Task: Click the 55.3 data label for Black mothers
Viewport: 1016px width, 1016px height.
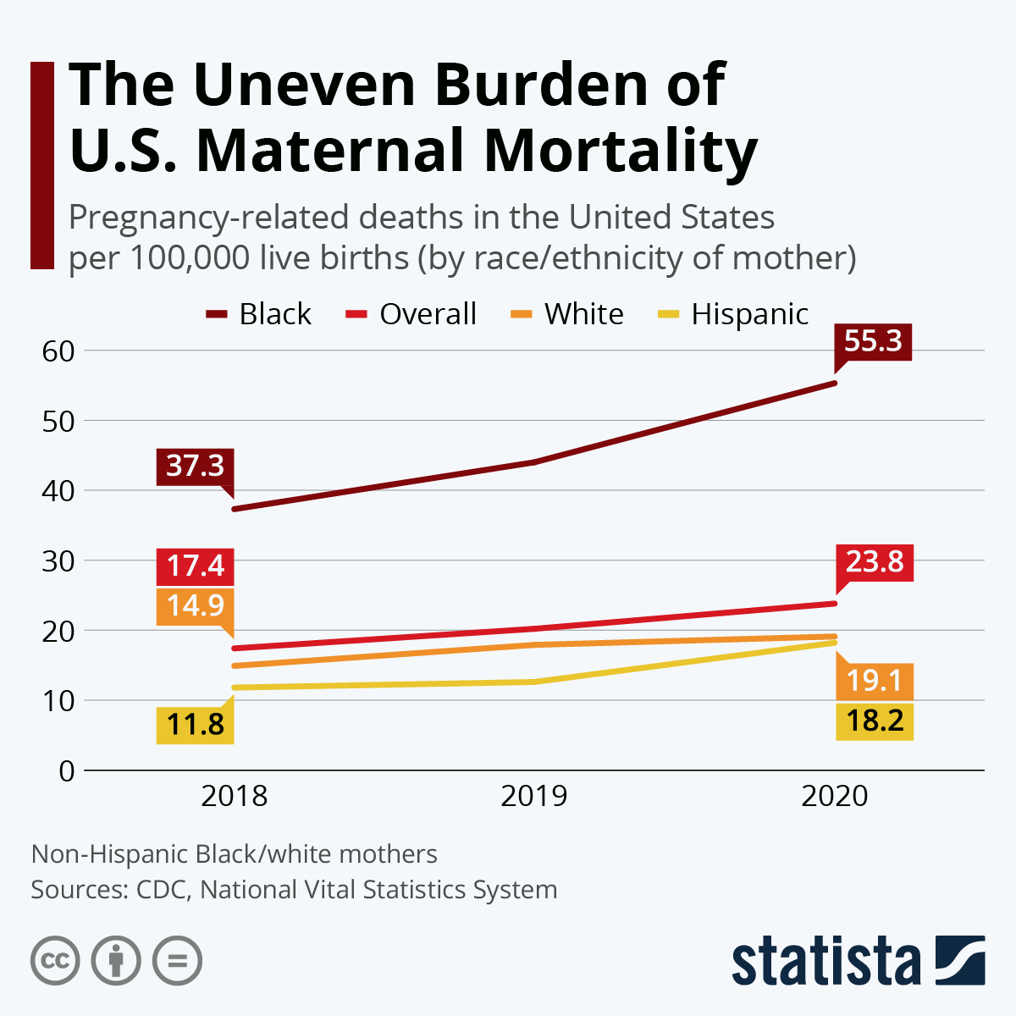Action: point(873,341)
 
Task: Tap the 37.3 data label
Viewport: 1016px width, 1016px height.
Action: point(195,466)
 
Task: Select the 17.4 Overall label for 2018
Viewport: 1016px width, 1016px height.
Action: point(195,566)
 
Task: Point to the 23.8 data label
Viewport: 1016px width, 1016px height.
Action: point(875,561)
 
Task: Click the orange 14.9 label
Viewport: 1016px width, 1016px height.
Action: point(195,605)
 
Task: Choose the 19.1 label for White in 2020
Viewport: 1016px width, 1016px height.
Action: point(875,681)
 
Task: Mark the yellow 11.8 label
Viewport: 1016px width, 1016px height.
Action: point(195,725)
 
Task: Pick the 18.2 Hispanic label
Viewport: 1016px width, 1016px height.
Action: point(875,721)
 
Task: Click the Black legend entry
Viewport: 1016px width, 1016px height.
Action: point(259,314)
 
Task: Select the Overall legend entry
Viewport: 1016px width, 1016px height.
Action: point(411,314)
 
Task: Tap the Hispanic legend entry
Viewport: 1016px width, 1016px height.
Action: point(733,314)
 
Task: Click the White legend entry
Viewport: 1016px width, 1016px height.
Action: point(567,314)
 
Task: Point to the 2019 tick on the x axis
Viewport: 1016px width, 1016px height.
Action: point(534,797)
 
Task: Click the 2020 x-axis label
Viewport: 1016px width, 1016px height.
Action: point(835,797)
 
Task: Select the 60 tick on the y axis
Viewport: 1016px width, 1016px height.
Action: point(58,351)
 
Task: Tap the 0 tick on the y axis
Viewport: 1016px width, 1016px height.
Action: point(67,771)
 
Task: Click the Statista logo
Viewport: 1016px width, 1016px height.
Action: point(858,961)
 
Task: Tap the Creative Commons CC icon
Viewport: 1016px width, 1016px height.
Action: point(55,961)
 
